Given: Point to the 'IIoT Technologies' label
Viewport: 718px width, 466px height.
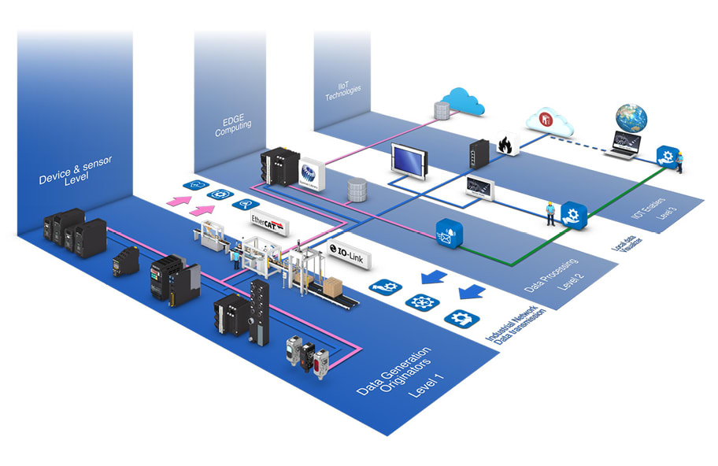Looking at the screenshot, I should (x=342, y=91).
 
